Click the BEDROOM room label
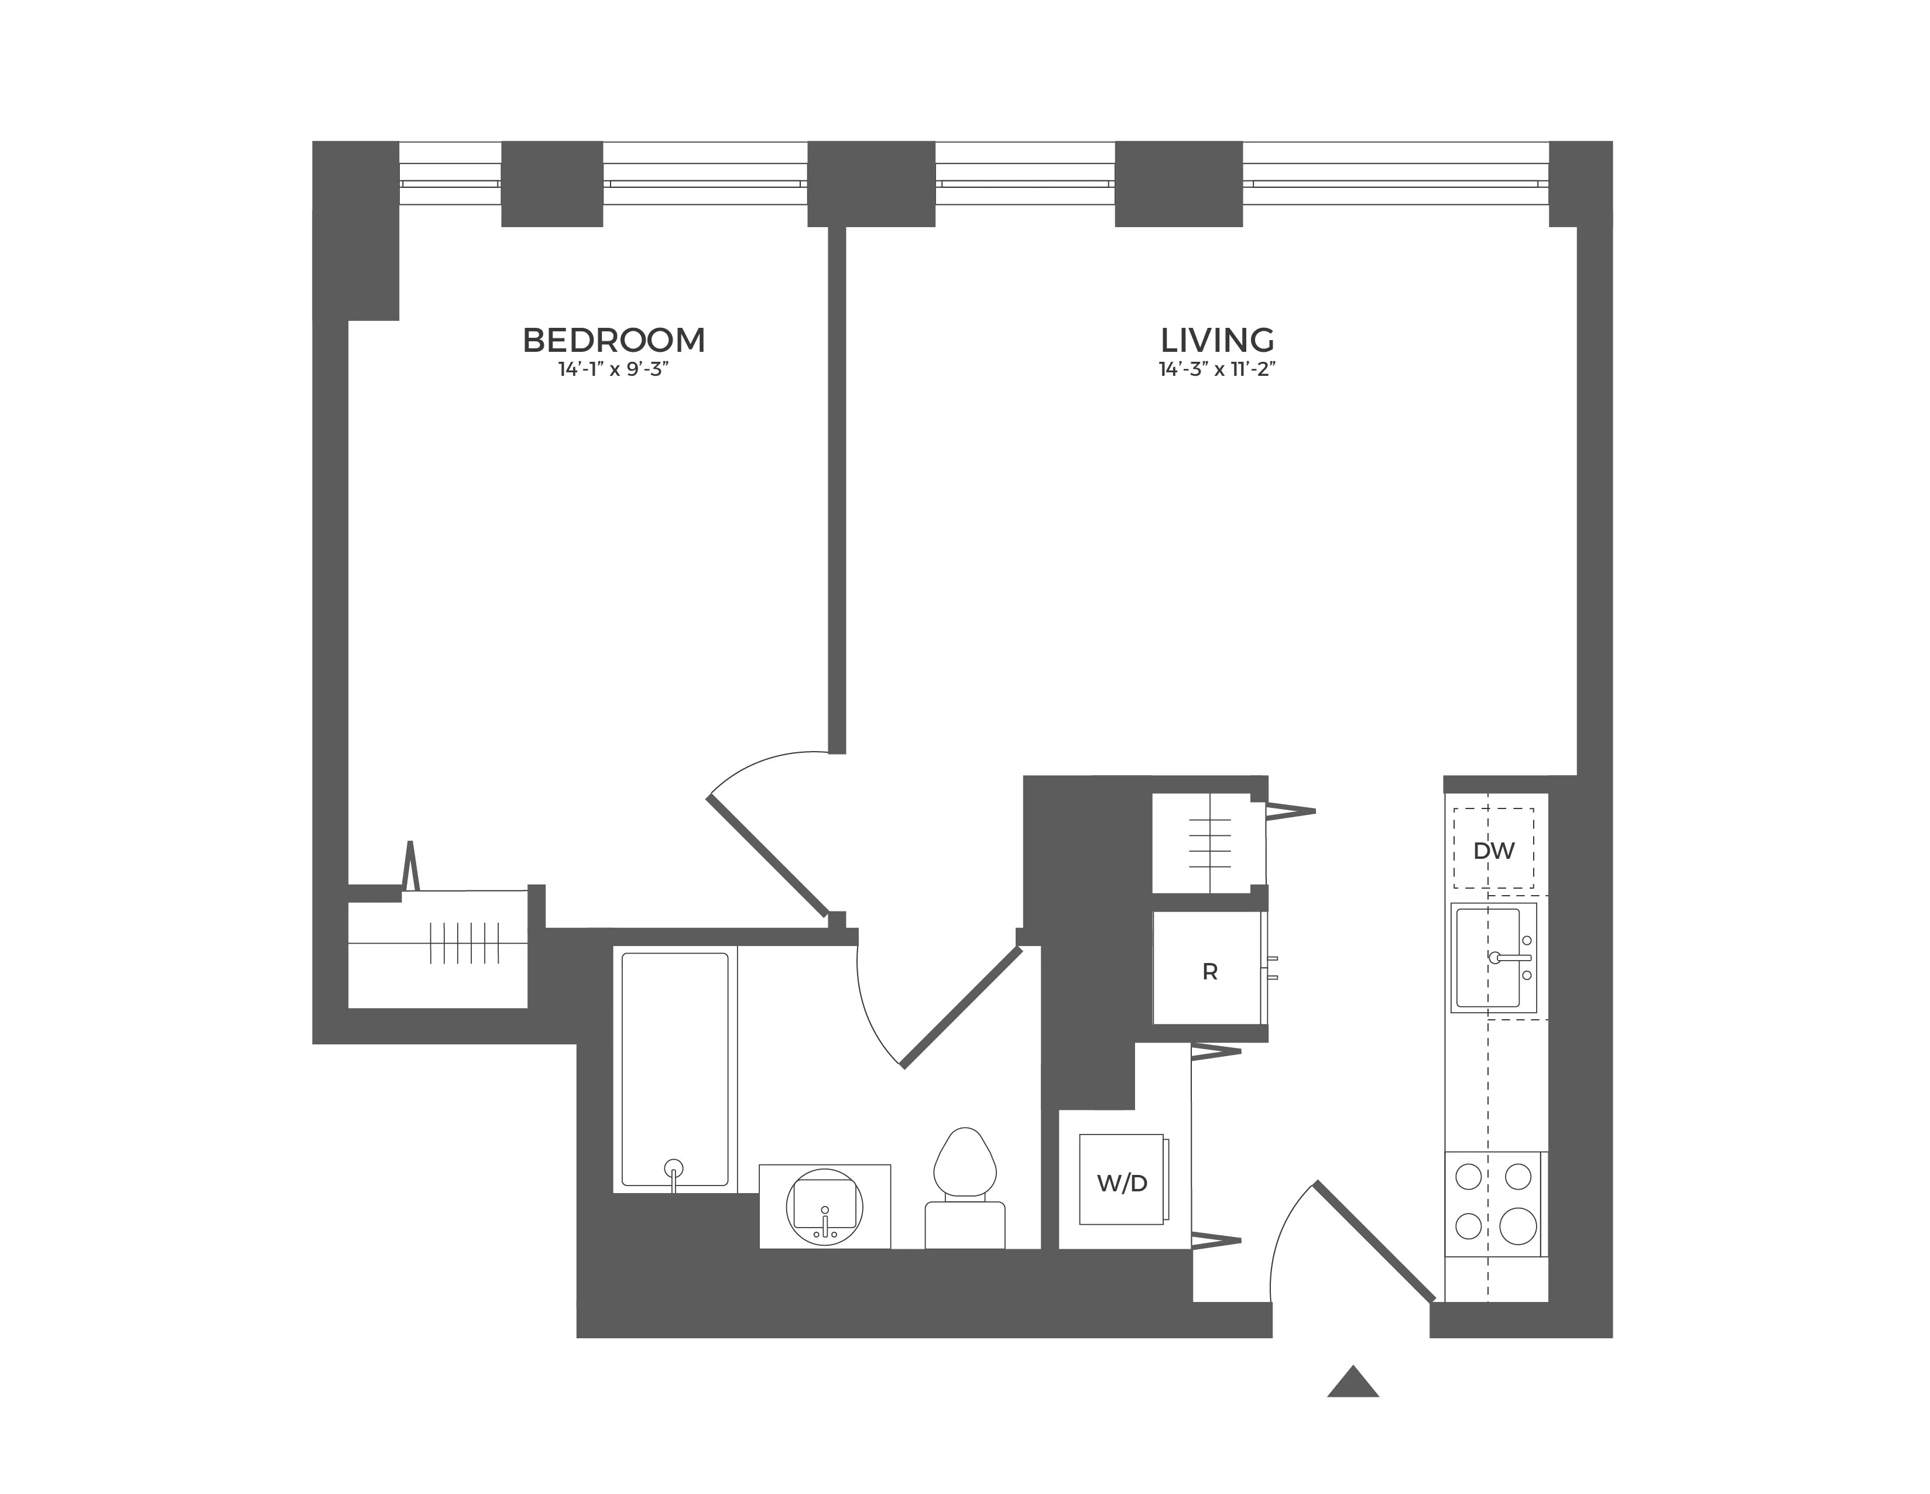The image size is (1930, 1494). pyautogui.click(x=613, y=340)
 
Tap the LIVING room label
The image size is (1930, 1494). pyautogui.click(x=1217, y=340)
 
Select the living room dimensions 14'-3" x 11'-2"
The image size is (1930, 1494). pyautogui.click(x=1217, y=369)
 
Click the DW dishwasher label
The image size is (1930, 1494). pyautogui.click(x=1493, y=851)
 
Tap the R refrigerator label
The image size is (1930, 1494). pyautogui.click(x=1210, y=972)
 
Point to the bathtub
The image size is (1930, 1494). pyautogui.click(x=675, y=1070)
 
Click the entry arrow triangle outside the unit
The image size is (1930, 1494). pyautogui.click(x=1352, y=1383)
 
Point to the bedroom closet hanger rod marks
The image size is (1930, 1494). pyautogui.click(x=464, y=943)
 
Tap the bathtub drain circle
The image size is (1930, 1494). pyautogui.click(x=673, y=1166)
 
